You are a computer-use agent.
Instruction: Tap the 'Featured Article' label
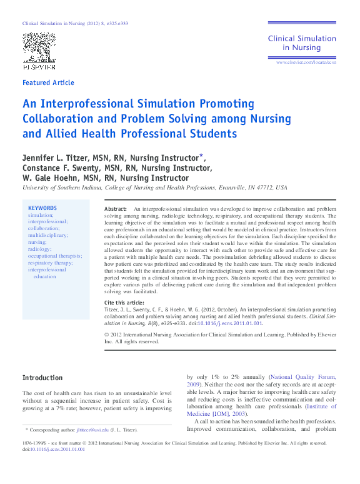pos(48,83)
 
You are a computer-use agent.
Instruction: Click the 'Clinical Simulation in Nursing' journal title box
pos(302,43)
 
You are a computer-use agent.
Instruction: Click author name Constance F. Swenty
pos(62,168)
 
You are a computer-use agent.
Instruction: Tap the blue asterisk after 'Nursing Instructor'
pos(201,155)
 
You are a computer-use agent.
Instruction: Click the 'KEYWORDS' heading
pos(42,208)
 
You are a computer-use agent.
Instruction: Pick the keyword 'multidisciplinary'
pos(48,235)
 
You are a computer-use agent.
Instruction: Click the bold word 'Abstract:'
pos(115,208)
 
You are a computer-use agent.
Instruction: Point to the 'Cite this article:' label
pos(124,303)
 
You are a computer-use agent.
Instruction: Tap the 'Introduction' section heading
pos(42,378)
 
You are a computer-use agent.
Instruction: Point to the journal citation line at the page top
pos(76,23)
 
